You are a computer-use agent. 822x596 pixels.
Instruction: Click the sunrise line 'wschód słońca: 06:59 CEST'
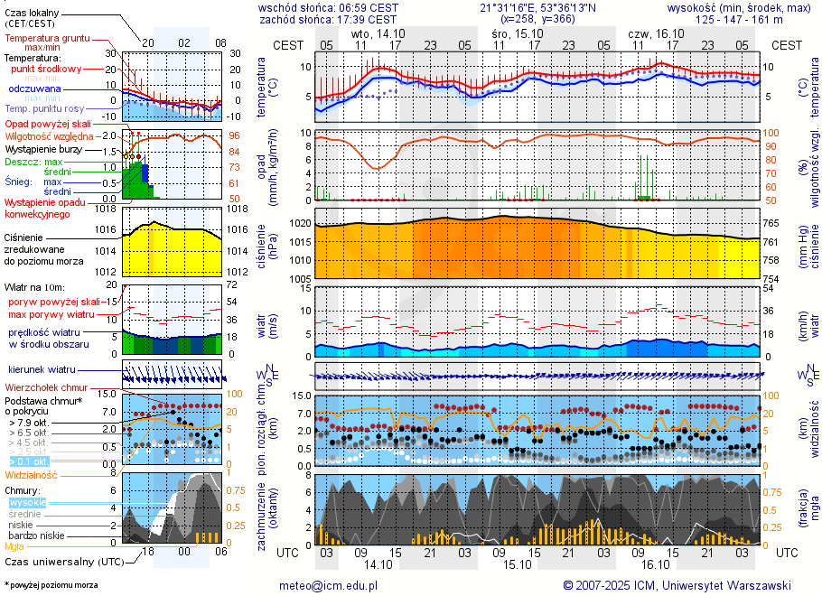[x=328, y=7]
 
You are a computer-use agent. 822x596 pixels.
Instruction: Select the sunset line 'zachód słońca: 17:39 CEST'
[x=328, y=18]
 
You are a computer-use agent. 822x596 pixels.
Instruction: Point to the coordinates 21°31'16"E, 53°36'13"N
[x=537, y=7]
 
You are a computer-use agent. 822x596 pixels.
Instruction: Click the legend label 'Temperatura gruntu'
[x=47, y=39]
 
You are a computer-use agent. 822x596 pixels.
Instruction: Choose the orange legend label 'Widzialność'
[x=31, y=474]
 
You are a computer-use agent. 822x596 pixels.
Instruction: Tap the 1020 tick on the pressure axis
[x=300, y=223]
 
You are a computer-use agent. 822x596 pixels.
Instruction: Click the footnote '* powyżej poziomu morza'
[x=50, y=585]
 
